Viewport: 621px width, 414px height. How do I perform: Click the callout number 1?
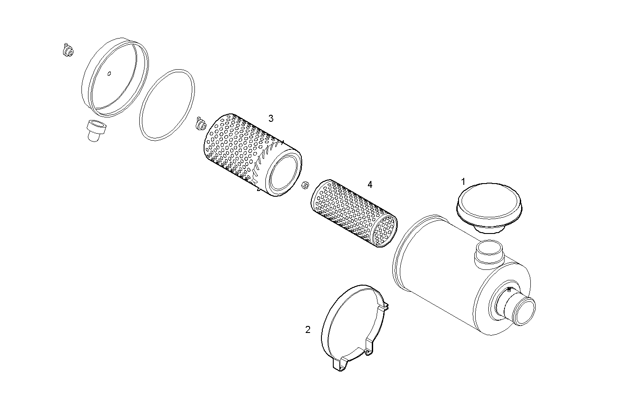(463, 181)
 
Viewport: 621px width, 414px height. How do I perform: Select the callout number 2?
(308, 329)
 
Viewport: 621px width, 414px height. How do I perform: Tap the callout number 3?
(271, 118)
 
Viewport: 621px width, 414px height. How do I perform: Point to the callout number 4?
(370, 184)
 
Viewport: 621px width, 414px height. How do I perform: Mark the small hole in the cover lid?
(109, 74)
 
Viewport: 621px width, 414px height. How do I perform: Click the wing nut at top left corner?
(67, 51)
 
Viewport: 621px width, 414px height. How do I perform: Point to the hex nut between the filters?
(305, 185)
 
